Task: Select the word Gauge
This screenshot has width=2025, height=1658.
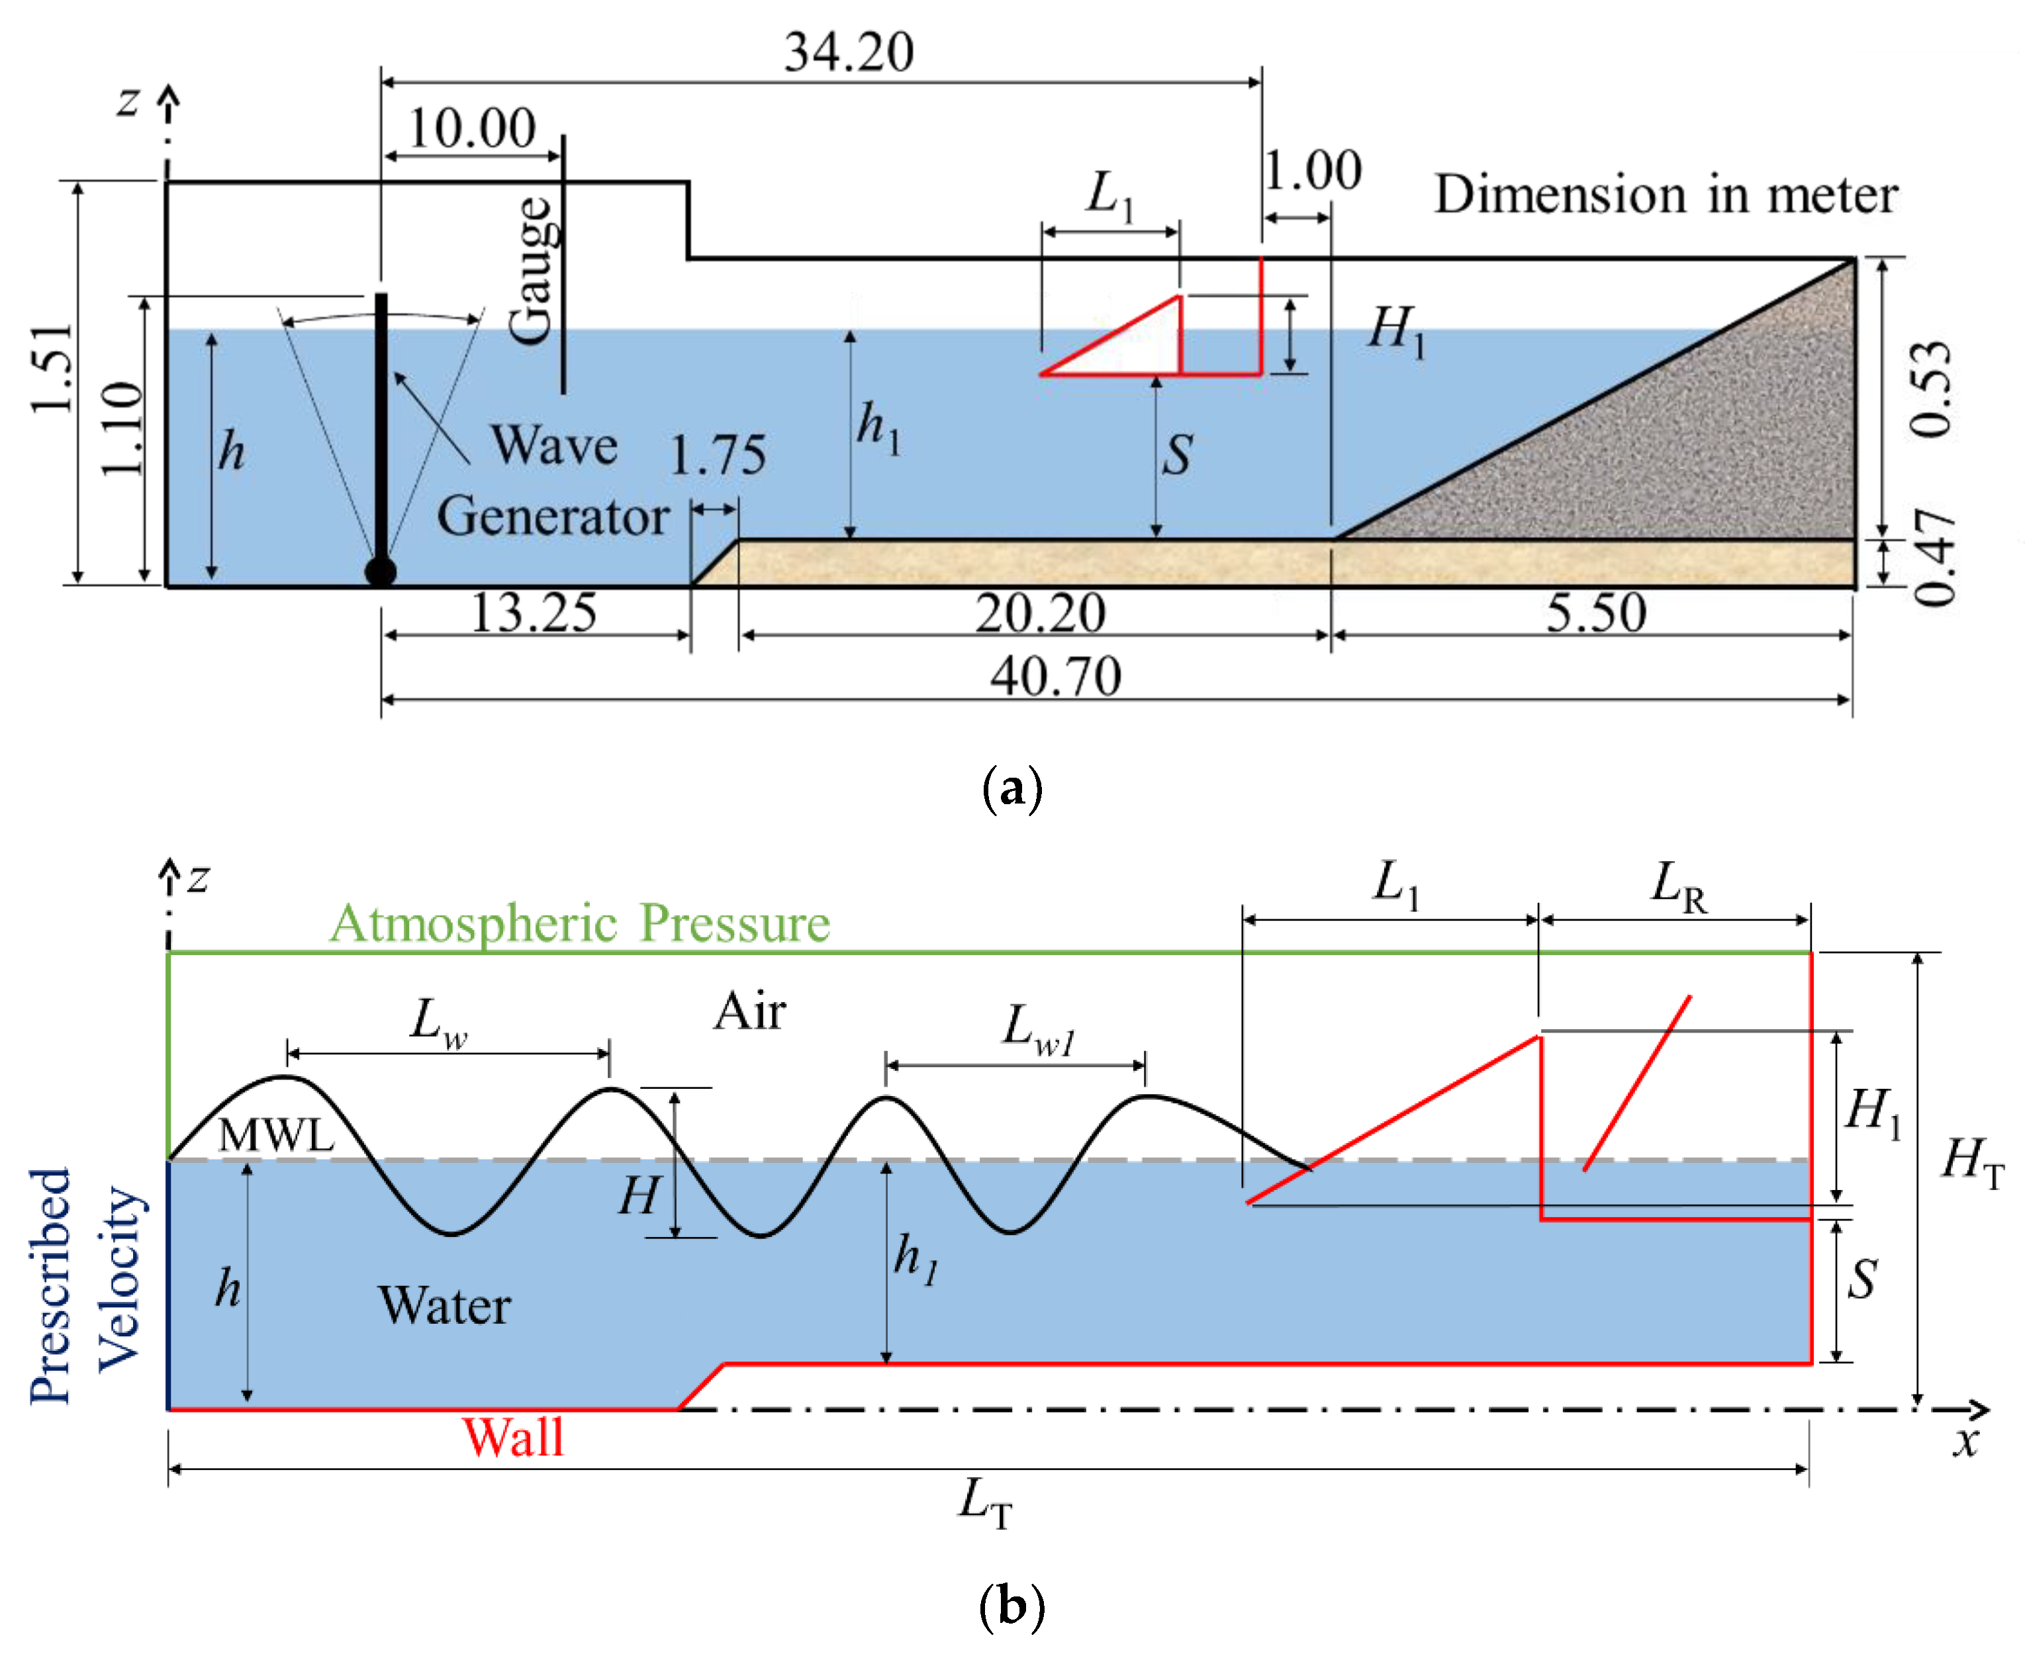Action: tap(531, 270)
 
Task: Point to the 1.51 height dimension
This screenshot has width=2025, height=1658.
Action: tap(52, 369)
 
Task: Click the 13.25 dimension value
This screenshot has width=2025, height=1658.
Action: tap(534, 612)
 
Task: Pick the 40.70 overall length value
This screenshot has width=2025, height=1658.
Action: tap(1055, 676)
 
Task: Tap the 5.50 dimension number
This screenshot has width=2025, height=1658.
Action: tap(1596, 612)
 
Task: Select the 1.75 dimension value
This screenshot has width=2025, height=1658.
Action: tap(718, 455)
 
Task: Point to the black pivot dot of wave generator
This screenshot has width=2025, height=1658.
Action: tap(380, 571)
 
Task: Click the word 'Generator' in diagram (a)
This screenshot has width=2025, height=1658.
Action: tap(552, 517)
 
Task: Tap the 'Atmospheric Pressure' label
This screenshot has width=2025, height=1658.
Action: tap(580, 923)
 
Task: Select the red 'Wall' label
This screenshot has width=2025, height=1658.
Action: tap(513, 1438)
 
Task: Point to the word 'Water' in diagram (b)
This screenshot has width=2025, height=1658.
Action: tap(444, 1306)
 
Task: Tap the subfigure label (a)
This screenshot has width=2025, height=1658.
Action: tap(1012, 789)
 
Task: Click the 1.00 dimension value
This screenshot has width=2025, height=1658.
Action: tap(1313, 172)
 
